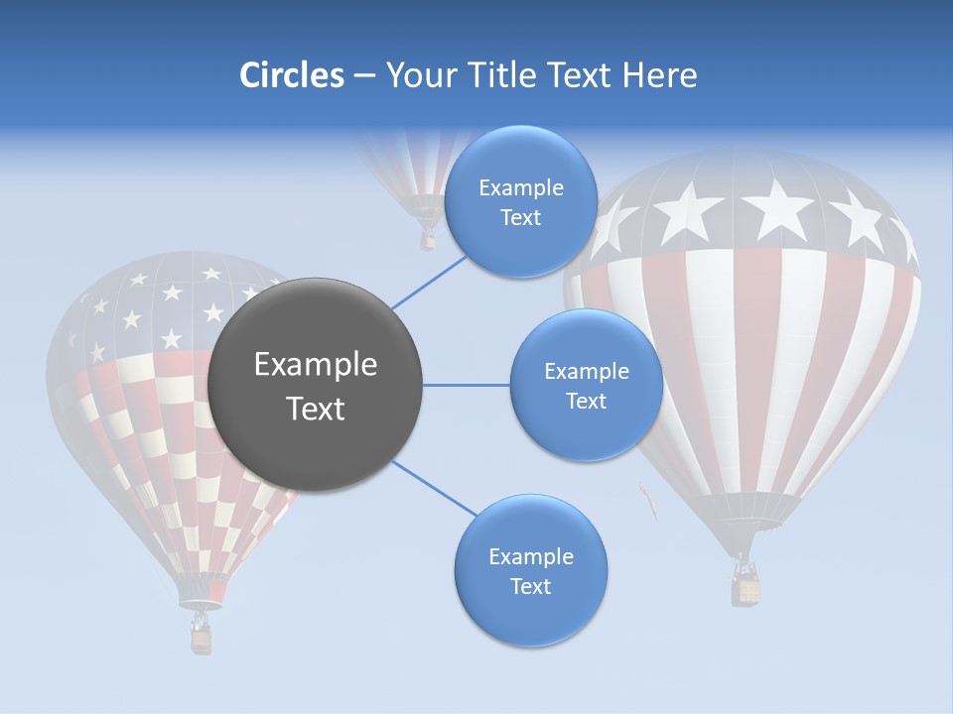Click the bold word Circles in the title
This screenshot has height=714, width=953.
(291, 75)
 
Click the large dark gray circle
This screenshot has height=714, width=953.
(315, 385)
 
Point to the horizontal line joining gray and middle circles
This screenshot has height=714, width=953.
(466, 385)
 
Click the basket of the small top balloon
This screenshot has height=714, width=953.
(428, 240)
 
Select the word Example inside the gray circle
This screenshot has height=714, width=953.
(315, 365)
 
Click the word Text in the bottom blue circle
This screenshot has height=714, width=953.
(530, 586)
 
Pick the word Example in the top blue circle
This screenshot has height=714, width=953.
(520, 187)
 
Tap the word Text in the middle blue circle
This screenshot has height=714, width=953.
(586, 401)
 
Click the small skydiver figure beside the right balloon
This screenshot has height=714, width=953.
(648, 501)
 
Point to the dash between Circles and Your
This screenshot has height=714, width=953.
(363, 76)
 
